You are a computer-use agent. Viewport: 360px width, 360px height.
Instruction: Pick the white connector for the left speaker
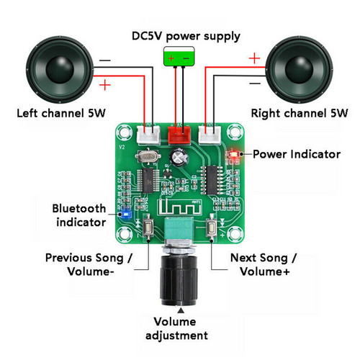tap(148, 132)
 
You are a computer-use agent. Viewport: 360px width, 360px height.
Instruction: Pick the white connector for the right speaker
tap(210, 132)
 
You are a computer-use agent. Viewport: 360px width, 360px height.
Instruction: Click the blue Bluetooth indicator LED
tap(127, 213)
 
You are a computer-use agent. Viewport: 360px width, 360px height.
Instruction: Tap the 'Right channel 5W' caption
tap(299, 114)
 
